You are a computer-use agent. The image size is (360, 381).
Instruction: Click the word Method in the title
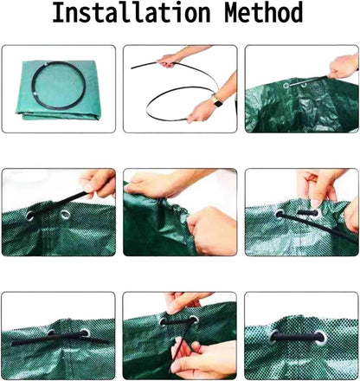(x=260, y=15)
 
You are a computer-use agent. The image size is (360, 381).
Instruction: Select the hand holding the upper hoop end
(x=169, y=60)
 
